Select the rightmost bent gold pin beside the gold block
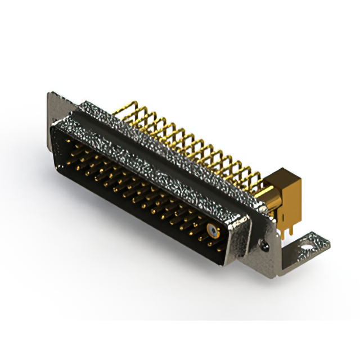tap(256, 179)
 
